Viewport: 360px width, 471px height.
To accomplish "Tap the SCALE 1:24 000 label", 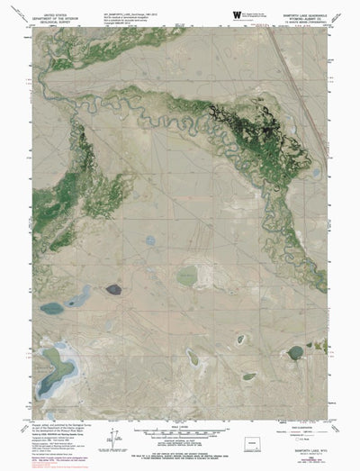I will [x=180, y=423].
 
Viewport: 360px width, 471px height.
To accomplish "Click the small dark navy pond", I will [x=112, y=289].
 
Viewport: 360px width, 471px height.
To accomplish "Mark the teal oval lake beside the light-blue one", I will [x=51, y=308].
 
